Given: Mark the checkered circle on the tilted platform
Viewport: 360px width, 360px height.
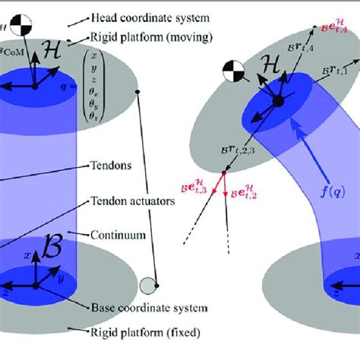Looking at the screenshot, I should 233,73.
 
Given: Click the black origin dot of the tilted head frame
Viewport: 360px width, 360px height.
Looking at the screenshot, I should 278,102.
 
